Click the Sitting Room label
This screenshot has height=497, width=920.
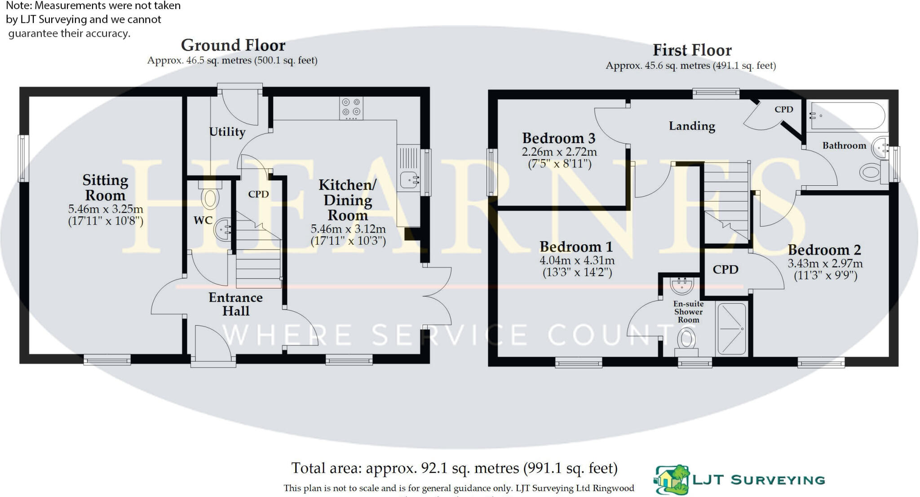click(105, 188)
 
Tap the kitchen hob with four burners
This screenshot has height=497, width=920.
click(351, 108)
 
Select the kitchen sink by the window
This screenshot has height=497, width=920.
click(409, 179)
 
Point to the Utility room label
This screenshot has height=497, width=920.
click(227, 132)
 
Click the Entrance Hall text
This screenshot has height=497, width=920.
click(235, 304)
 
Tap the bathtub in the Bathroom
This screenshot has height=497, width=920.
click(847, 116)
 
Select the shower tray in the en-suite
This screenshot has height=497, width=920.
click(731, 329)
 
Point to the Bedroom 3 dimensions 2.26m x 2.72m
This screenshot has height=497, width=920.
click(559, 152)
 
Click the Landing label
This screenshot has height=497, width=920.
click(692, 126)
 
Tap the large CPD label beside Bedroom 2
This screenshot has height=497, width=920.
click(725, 269)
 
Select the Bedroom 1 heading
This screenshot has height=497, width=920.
click(576, 247)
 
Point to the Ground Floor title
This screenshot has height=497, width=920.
click(233, 45)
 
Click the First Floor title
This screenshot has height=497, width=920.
click(692, 50)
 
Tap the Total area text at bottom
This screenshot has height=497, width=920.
click(454, 468)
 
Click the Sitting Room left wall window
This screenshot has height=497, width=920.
click(23, 158)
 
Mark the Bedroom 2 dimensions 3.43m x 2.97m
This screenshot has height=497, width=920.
click(825, 264)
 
